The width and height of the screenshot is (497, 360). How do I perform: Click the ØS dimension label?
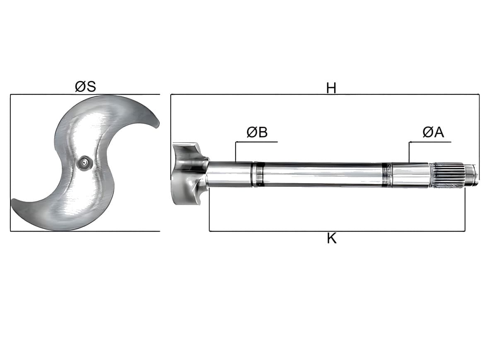85,87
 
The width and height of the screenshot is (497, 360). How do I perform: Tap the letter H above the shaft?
331,88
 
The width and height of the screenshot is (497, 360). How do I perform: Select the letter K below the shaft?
332,238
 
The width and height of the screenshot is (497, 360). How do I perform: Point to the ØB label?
257,132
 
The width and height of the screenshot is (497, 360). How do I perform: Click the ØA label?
433,132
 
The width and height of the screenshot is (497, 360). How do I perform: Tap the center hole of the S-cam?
84,163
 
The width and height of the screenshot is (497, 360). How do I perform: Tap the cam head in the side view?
190,174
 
